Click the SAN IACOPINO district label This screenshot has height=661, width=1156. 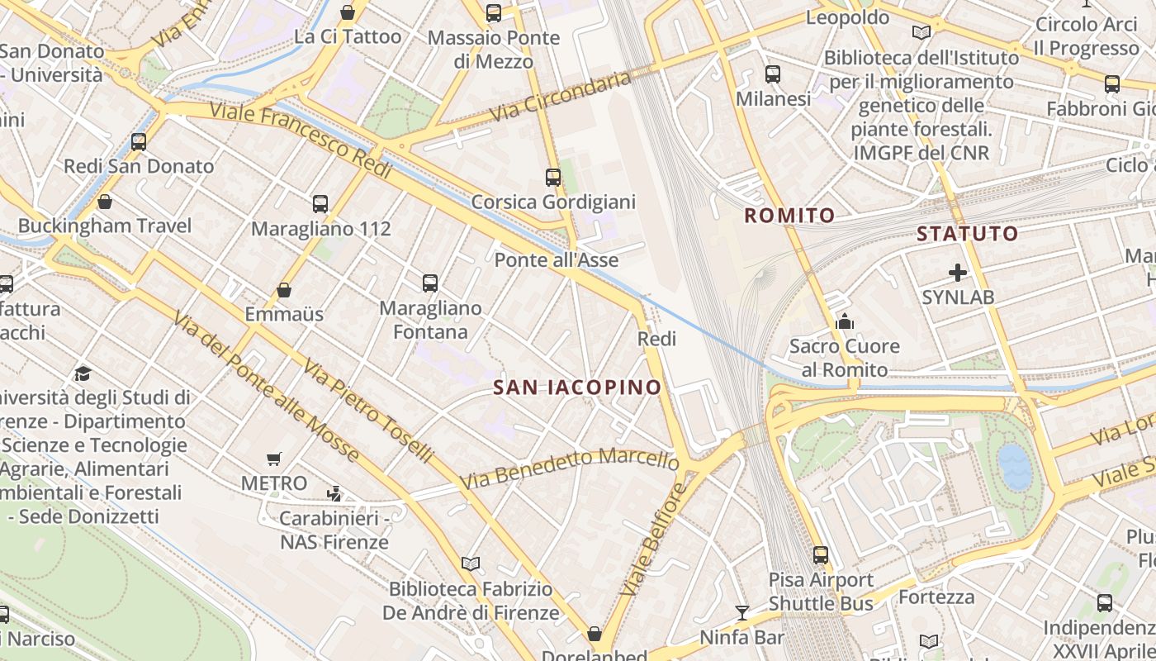coord(577,387)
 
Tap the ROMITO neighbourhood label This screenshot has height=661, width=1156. coord(789,216)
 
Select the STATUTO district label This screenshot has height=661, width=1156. coord(968,233)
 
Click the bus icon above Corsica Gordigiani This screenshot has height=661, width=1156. coord(553,178)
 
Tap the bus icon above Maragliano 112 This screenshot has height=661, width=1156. coord(320,204)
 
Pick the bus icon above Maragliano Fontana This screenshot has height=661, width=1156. coord(430,283)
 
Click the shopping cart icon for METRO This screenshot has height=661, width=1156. coord(274,459)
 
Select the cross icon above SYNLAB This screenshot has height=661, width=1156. coord(958,272)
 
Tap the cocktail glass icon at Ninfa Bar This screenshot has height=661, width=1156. coord(742,612)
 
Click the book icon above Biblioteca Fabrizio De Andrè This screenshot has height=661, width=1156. coord(471,564)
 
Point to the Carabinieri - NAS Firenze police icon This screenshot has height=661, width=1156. coord(334,494)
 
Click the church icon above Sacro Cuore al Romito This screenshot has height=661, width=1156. coord(844,321)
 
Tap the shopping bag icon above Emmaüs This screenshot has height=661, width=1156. coord(284,290)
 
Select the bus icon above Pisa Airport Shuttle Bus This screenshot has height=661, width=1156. coord(820,554)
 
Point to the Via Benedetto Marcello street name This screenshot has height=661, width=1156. coord(570,467)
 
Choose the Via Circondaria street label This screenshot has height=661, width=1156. coord(560,97)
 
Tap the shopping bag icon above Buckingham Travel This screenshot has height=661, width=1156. coord(105,202)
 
